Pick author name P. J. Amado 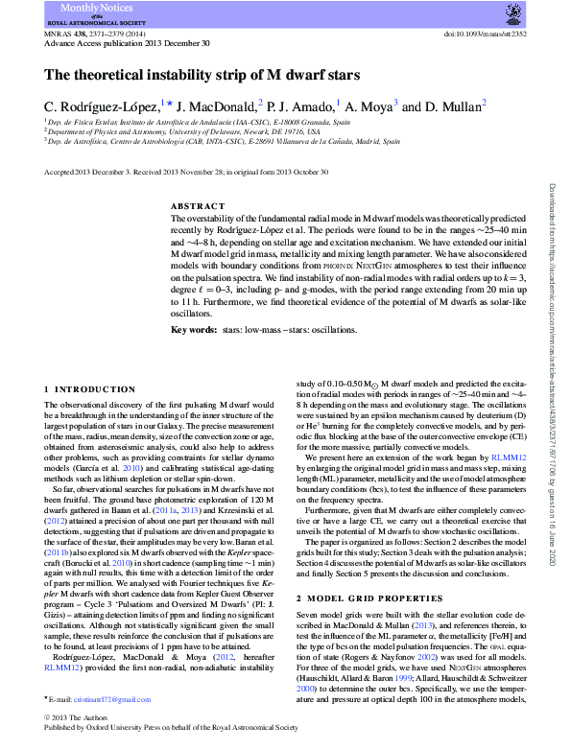click(302, 105)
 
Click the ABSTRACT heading click(198, 207)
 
